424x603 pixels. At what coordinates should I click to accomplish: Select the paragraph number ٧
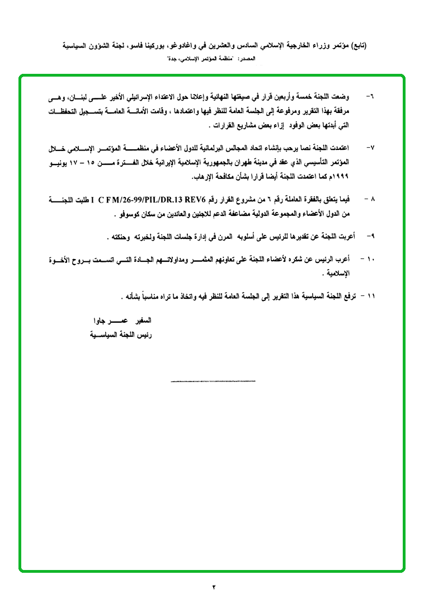(x=370, y=148)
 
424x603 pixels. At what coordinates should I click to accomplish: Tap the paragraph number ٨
(x=370, y=199)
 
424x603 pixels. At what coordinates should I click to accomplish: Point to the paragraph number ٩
(x=370, y=237)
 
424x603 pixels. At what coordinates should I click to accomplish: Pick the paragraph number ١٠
(x=369, y=260)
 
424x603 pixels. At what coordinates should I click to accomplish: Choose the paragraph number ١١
(x=369, y=295)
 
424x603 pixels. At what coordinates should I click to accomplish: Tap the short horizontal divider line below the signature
(x=213, y=381)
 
